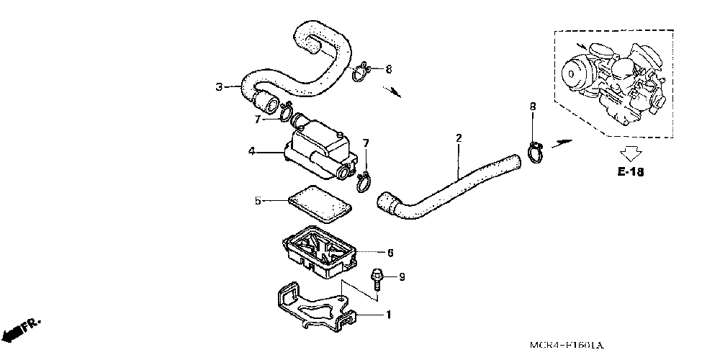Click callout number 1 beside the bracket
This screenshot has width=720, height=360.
pos(390,315)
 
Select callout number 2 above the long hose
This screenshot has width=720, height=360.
pos(459,137)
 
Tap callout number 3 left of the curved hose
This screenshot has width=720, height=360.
pos(219,88)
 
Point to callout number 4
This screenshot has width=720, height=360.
pos(252,151)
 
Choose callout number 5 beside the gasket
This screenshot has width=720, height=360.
pos(257,201)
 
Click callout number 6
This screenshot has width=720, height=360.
pos(390,253)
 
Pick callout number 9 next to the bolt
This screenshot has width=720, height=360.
pos(402,276)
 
